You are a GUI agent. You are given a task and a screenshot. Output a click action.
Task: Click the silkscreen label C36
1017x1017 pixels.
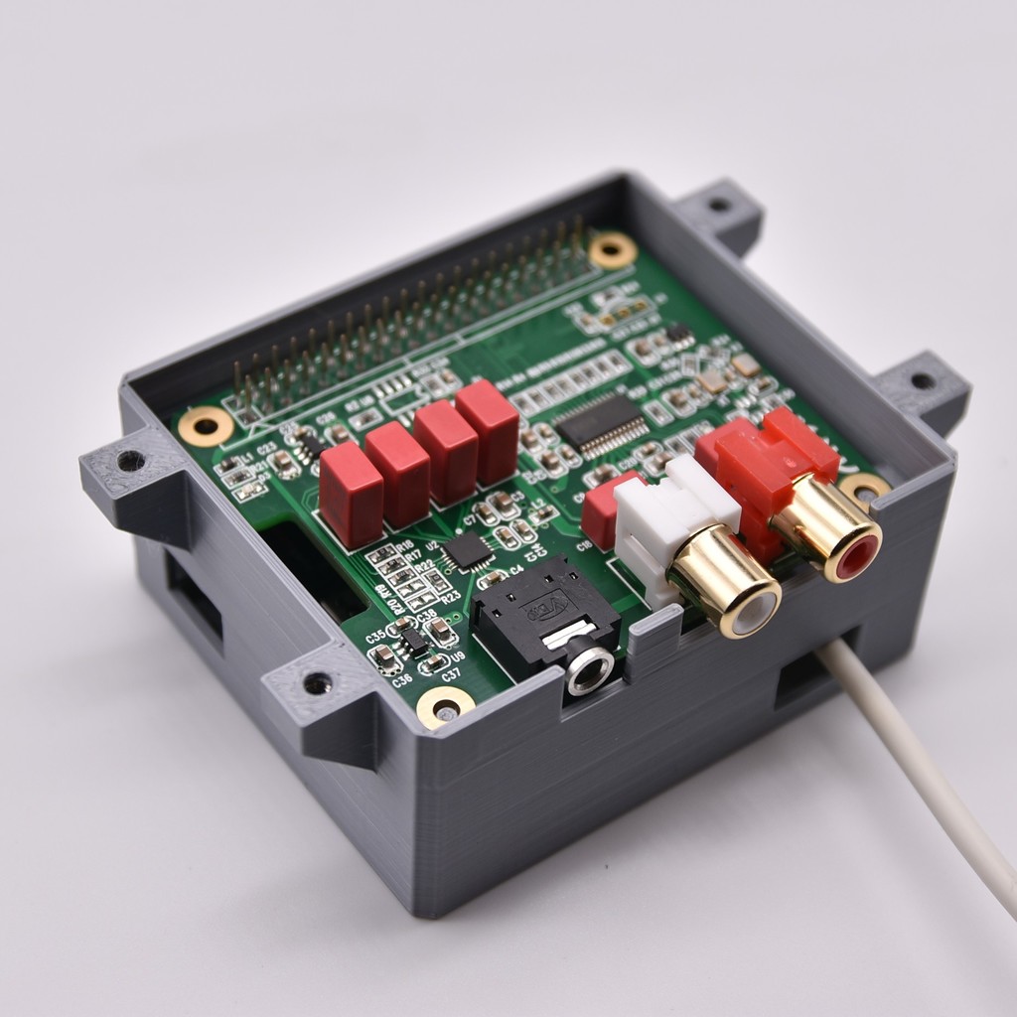pyautogui.click(x=402, y=680)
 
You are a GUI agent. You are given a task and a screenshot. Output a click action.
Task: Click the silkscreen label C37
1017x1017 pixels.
pyautogui.click(x=451, y=674)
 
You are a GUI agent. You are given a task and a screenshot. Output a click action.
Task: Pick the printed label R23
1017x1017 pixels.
pyautogui.click(x=450, y=597)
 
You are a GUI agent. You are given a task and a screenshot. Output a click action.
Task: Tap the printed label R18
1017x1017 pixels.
pyautogui.click(x=404, y=545)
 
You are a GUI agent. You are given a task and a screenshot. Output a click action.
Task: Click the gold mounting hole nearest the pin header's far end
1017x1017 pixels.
pyautogui.click(x=612, y=250)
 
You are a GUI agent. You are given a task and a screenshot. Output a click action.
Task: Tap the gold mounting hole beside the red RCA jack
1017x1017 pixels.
pyautogui.click(x=865, y=488)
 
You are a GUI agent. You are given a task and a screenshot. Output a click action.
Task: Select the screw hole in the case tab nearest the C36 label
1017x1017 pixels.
pyautogui.click(x=318, y=683)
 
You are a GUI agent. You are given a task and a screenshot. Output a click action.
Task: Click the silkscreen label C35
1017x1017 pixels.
pyautogui.click(x=375, y=636)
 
